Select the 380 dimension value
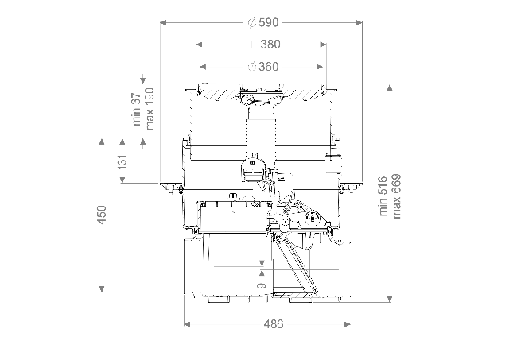[x=268, y=45]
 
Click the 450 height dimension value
[x=101, y=215]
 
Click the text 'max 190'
[x=149, y=109]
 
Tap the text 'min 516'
[x=384, y=195]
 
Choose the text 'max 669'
[x=397, y=195]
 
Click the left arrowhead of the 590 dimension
[x=165, y=21]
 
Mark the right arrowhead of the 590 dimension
[x=359, y=21]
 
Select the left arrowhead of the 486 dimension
[x=188, y=323]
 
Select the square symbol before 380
[x=254, y=45]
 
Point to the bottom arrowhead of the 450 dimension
[x=101, y=288]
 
